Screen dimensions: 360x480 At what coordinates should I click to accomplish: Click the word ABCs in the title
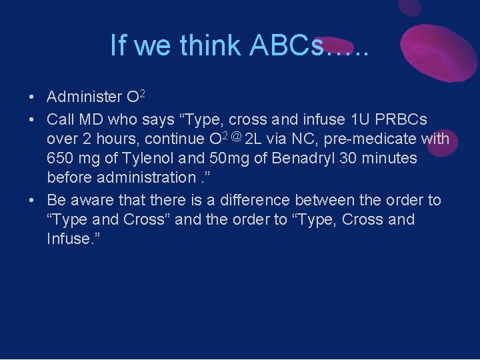point(286,45)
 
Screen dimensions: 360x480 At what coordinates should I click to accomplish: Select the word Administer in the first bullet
point(85,97)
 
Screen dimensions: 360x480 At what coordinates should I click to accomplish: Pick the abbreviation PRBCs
point(402,119)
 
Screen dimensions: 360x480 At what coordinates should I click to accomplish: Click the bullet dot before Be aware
point(32,201)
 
